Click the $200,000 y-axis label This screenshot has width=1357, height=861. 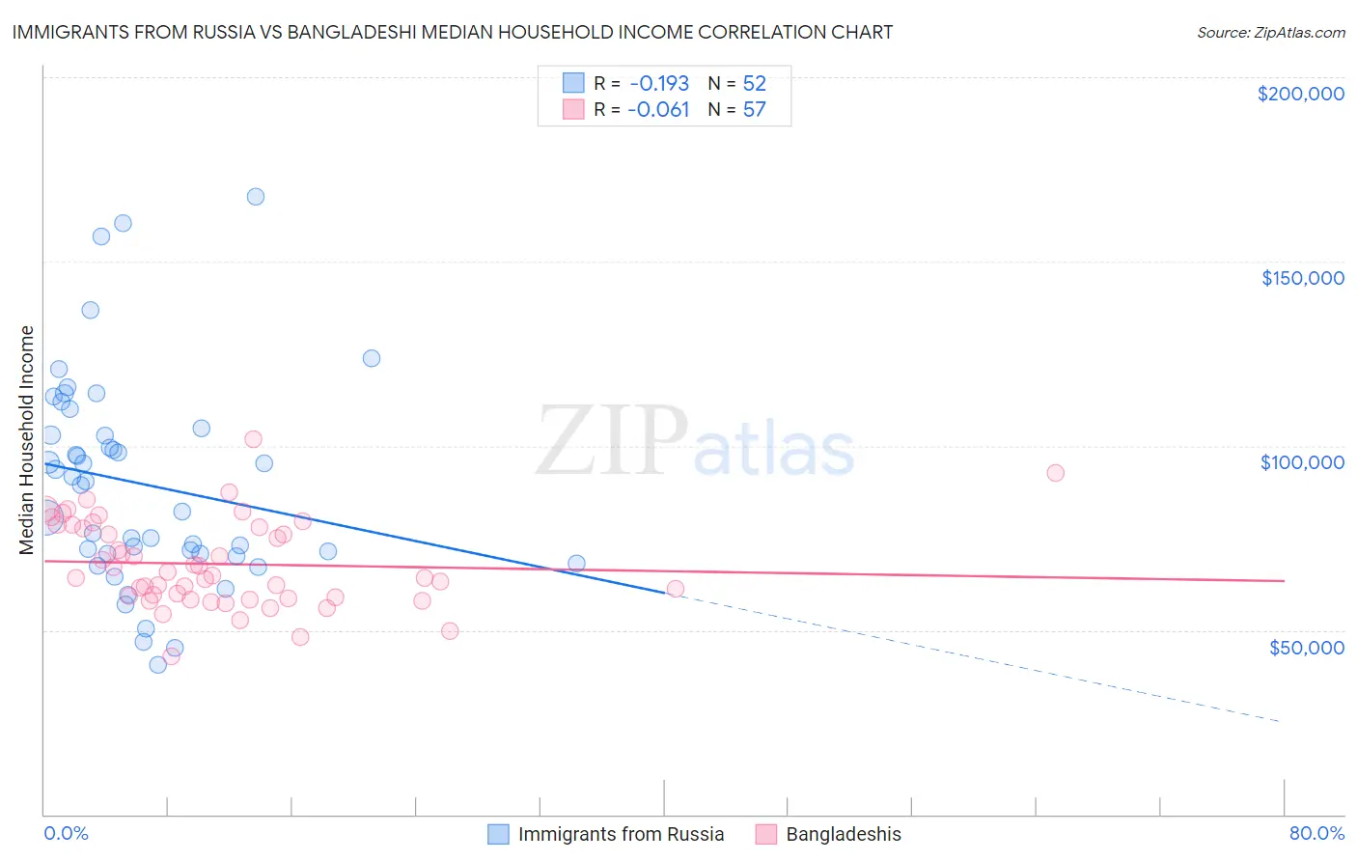(1300, 94)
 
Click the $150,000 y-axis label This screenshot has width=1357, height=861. (1302, 278)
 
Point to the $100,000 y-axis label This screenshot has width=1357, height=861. (1302, 462)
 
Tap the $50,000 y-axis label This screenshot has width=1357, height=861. (1306, 647)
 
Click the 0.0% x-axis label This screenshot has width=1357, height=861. (66, 833)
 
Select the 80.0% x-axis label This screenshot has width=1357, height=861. (1316, 833)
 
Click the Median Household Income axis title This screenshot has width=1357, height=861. (27, 440)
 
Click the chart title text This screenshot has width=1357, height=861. (452, 32)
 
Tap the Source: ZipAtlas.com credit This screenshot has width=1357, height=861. (1270, 32)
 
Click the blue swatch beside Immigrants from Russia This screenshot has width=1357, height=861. (498, 834)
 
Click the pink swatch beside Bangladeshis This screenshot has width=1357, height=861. (766, 834)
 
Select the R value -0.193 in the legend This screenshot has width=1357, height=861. (658, 83)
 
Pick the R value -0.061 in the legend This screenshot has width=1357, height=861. (658, 110)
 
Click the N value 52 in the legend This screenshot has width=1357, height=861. (754, 83)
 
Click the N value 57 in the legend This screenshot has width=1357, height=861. (754, 110)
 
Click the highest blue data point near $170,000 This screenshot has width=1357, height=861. (256, 197)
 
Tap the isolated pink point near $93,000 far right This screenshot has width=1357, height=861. (1055, 473)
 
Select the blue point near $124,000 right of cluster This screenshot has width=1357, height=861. (372, 358)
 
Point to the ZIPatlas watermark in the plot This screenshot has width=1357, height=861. (695, 442)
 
